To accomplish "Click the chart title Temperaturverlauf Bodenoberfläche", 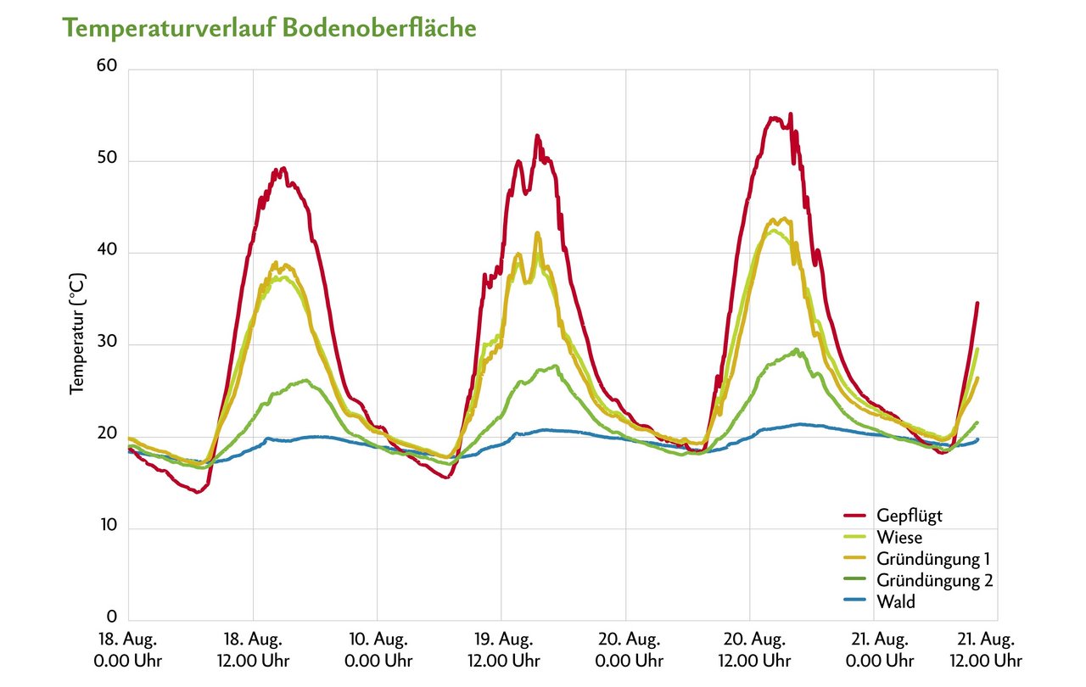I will point(269,27).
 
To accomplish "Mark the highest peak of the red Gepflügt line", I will point(790,114).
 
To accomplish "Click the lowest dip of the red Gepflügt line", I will point(198,492).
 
